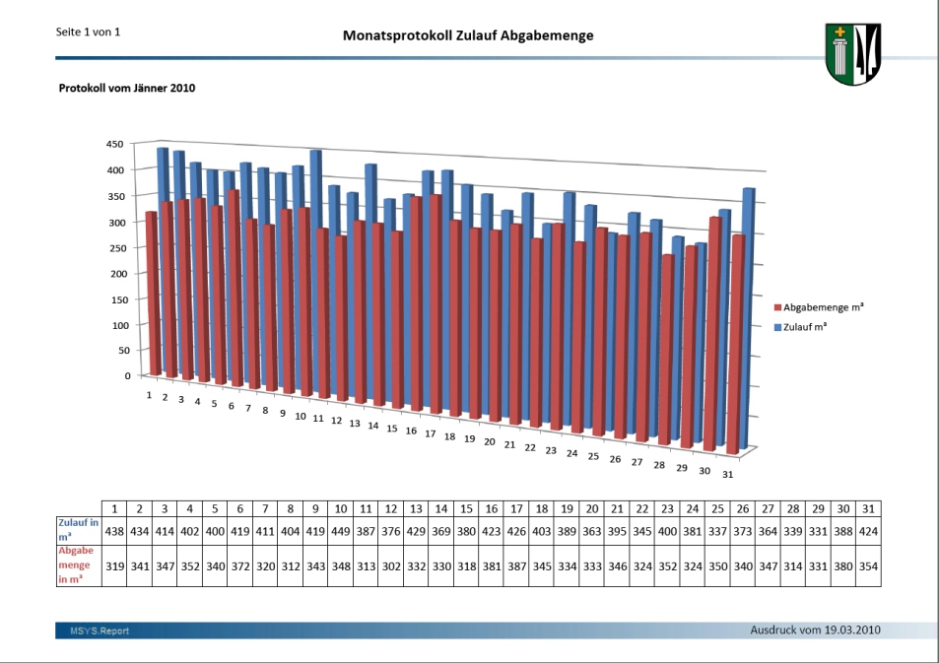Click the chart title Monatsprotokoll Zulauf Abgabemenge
coord(468,35)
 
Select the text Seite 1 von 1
coord(89,32)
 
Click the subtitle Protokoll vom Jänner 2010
coord(127,89)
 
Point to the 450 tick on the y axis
coord(114,144)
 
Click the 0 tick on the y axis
coord(127,375)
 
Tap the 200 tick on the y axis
coord(117,273)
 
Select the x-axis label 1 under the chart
coord(149,395)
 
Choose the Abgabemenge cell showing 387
coord(517,568)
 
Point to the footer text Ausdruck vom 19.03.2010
coord(815,630)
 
